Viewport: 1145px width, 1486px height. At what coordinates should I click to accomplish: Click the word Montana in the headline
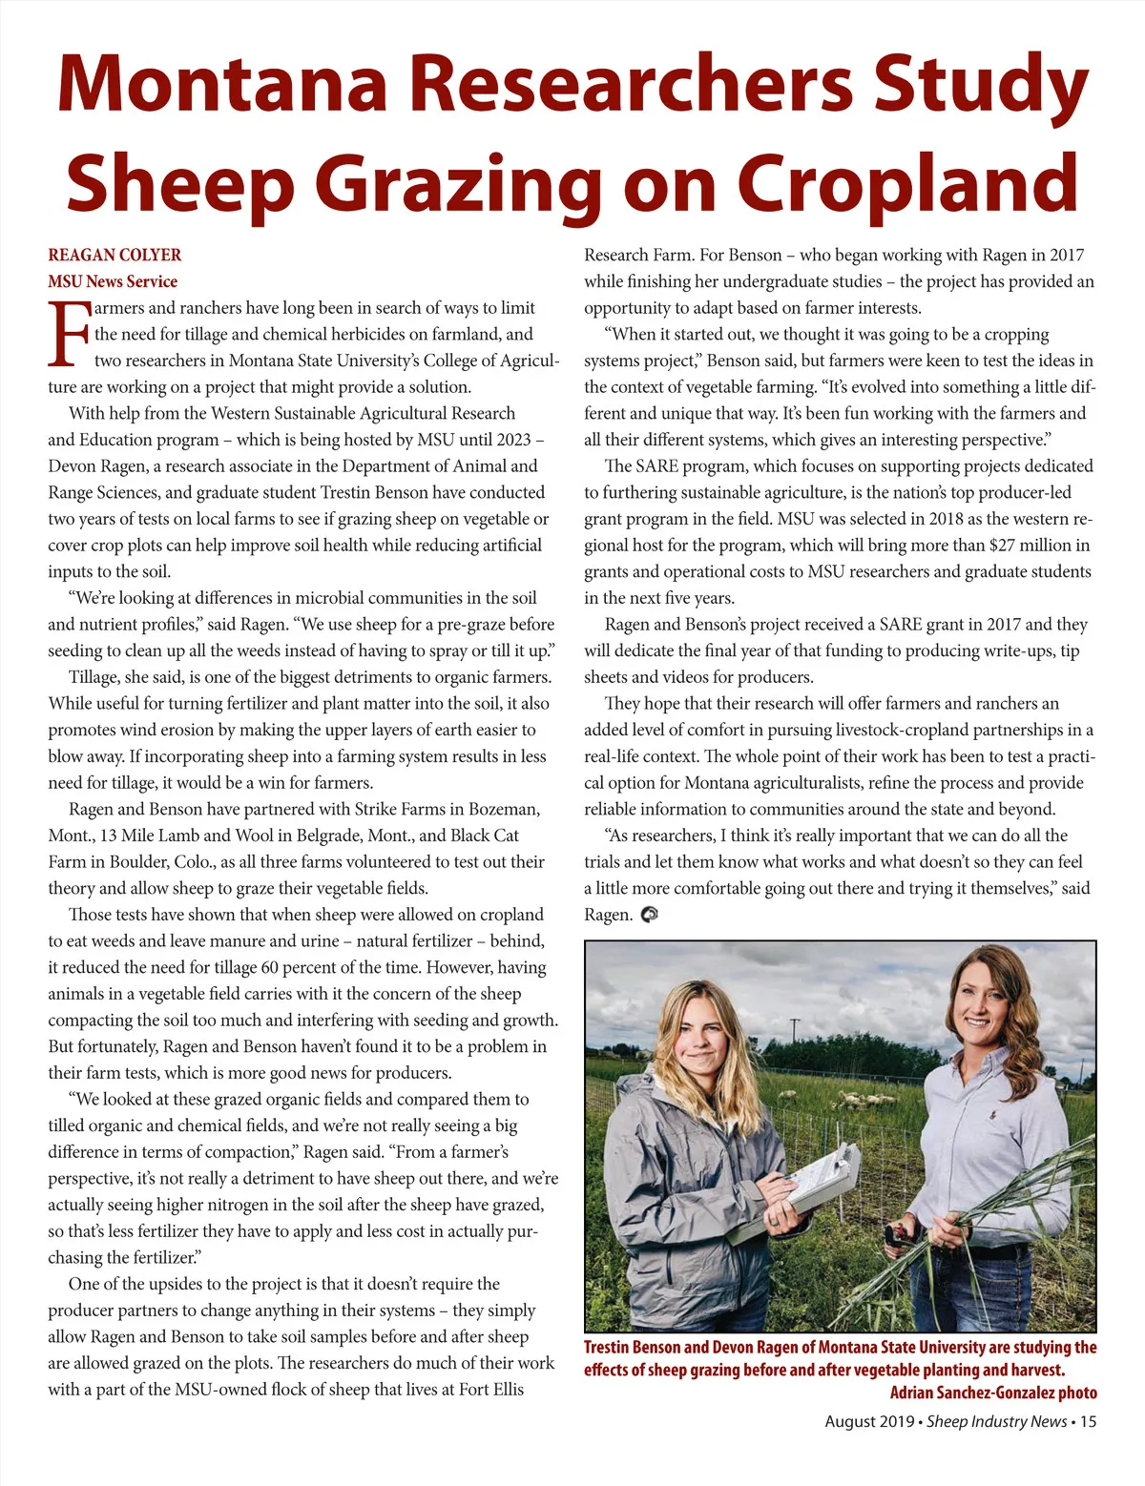222,84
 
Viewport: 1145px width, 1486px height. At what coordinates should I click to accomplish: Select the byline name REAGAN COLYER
114,255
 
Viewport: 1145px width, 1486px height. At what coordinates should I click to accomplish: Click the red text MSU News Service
113,281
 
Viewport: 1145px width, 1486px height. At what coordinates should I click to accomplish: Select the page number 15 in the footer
1089,1421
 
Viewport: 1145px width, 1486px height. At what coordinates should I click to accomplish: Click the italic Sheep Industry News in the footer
997,1421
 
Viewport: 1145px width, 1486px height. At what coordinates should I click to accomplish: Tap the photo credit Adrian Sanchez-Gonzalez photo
993,1393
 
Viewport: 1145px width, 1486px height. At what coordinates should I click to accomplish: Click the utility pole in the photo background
794,1035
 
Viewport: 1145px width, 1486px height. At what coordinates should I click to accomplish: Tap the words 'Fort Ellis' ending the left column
491,1390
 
